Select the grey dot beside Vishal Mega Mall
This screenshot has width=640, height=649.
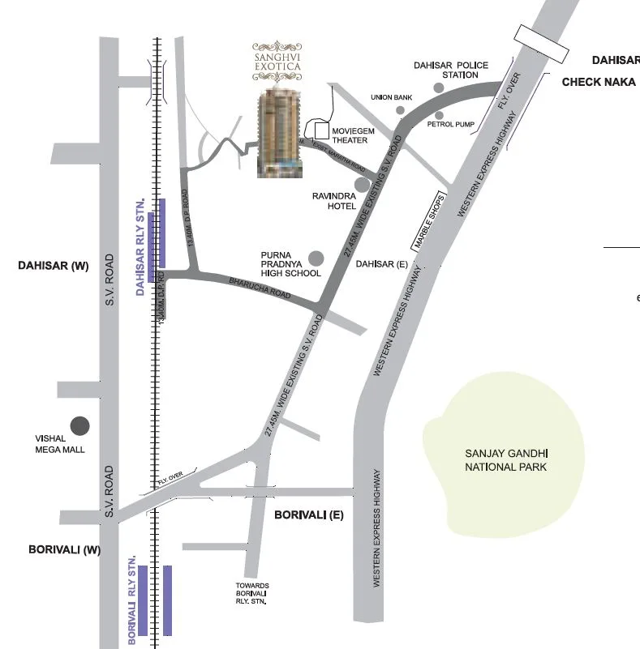click(x=79, y=425)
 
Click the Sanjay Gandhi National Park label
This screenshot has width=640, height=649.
click(x=505, y=460)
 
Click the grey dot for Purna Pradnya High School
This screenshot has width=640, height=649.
click(x=316, y=258)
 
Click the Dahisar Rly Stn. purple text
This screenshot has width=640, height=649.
click(x=140, y=246)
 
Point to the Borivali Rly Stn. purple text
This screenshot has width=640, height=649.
click(x=131, y=600)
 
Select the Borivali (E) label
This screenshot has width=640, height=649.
click(x=308, y=515)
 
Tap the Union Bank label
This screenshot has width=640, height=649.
click(x=392, y=97)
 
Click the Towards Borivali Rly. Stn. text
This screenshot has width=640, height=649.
click(x=252, y=593)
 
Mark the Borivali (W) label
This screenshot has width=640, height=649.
click(x=64, y=549)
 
